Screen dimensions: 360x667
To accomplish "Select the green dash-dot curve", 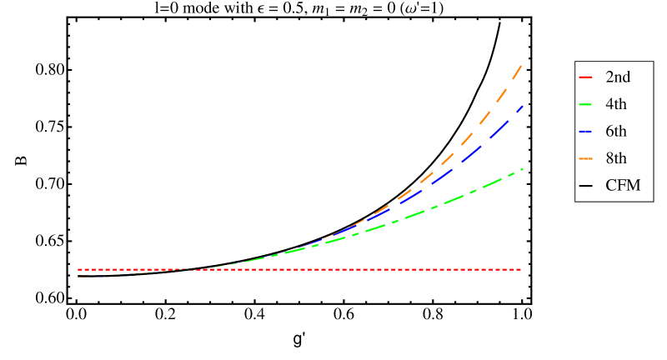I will [450, 200].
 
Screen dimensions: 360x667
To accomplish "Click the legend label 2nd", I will [618, 77].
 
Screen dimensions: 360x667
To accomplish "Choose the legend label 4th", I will [616, 104].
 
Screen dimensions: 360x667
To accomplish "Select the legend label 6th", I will [616, 132].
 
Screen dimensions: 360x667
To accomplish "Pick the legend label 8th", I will [616, 158].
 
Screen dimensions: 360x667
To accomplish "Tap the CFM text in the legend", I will [623, 186].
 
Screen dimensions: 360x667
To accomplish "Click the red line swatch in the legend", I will [585, 77].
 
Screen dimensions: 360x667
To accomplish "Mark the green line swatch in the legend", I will [585, 104].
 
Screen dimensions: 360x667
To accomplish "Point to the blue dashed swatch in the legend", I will [585, 132].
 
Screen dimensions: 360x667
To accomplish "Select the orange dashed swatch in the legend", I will [585, 158].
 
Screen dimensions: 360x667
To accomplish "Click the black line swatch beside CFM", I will [585, 186].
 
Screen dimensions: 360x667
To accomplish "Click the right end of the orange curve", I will [522, 64].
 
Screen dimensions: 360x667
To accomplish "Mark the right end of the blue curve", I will [522, 107].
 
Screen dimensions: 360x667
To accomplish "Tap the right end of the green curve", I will [522, 169].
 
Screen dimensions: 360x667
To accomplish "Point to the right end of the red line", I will [522, 270].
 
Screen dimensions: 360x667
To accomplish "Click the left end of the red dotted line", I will [78, 270].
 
